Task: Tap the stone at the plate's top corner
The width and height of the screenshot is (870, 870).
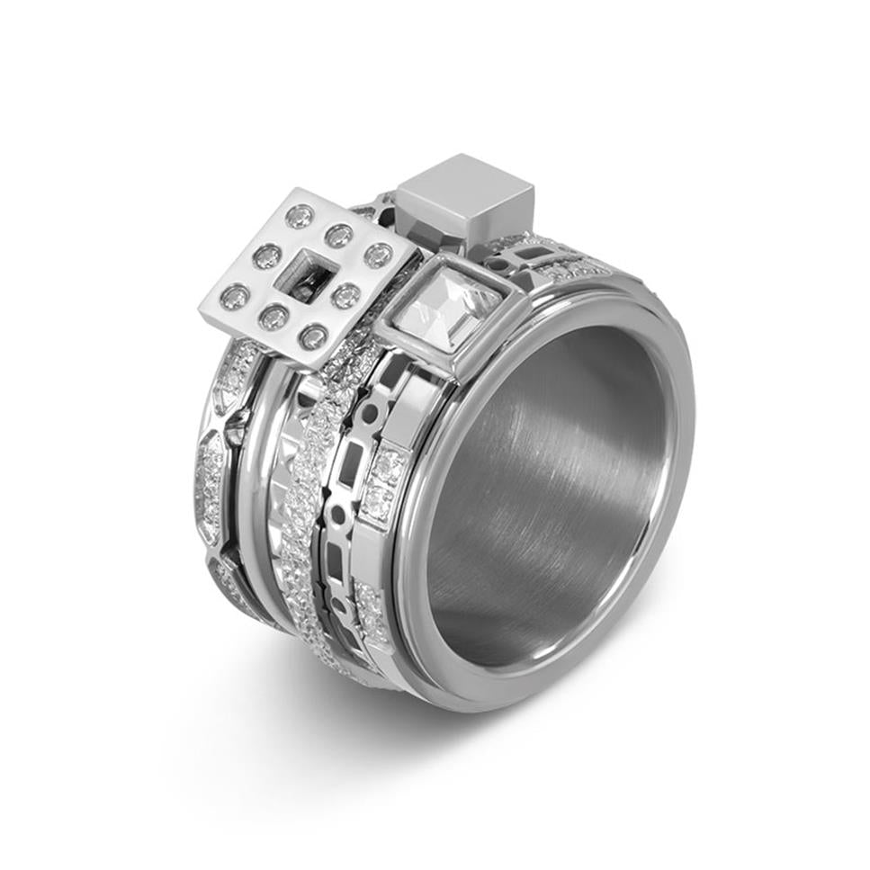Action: [x=300, y=216]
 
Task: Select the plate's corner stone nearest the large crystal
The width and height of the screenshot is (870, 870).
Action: [x=379, y=256]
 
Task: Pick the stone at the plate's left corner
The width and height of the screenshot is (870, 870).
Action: [x=234, y=296]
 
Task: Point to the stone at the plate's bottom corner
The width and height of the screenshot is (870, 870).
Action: [x=313, y=337]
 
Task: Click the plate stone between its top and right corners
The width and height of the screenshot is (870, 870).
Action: [x=339, y=236]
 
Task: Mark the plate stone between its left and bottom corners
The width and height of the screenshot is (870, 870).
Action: [x=274, y=317]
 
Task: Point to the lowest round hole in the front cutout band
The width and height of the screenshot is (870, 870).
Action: [x=336, y=604]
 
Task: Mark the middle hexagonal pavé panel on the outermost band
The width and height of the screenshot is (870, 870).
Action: [x=210, y=486]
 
